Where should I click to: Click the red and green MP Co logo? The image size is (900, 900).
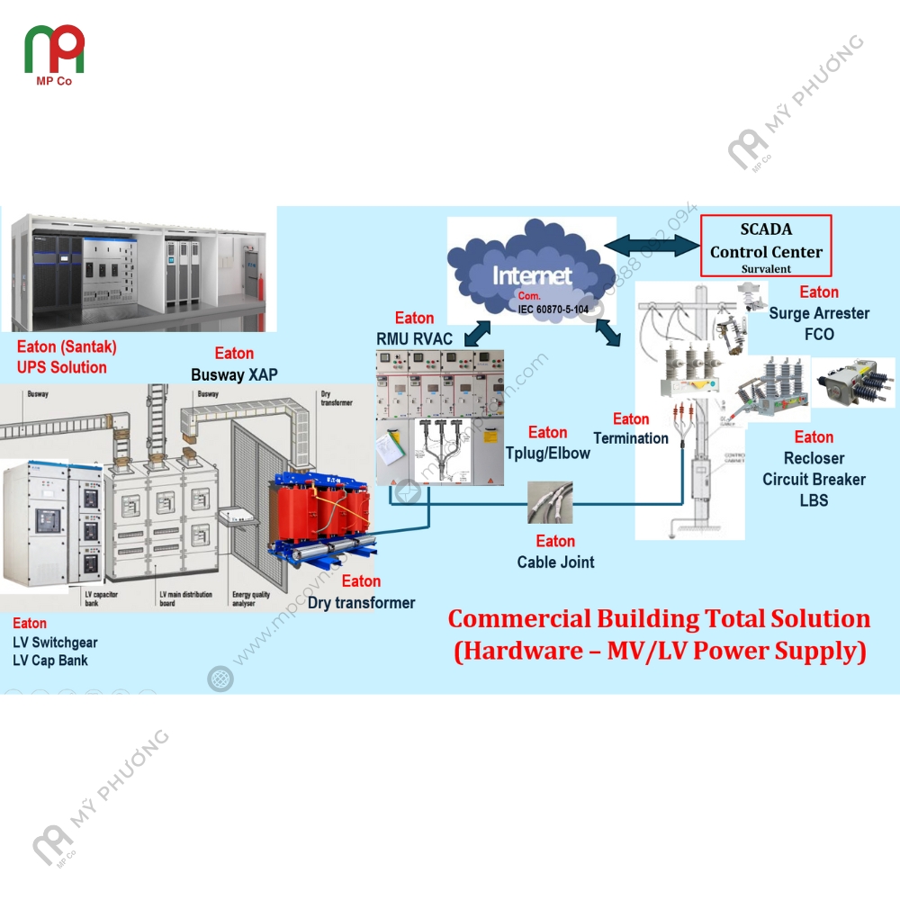pos(54,51)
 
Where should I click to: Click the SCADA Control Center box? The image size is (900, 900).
pos(766,245)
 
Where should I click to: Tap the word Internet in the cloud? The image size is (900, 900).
pos(531,275)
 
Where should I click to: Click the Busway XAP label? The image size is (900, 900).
pos(234,374)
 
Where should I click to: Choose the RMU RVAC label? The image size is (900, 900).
pos(414,339)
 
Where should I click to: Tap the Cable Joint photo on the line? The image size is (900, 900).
pos(549,501)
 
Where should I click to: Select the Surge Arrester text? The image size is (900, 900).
pos(819,313)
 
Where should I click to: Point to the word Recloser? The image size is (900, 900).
pos(814,458)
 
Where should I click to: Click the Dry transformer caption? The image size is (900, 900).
pos(361,603)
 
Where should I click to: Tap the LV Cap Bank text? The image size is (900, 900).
pos(50,661)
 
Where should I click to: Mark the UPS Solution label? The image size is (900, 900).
pos(61,367)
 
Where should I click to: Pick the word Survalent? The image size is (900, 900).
pos(766,268)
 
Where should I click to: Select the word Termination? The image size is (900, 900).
pos(631,438)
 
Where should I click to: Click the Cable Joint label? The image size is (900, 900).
pos(555,562)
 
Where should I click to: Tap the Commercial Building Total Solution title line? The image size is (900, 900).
pos(659,619)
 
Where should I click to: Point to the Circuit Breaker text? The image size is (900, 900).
pos(814,479)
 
